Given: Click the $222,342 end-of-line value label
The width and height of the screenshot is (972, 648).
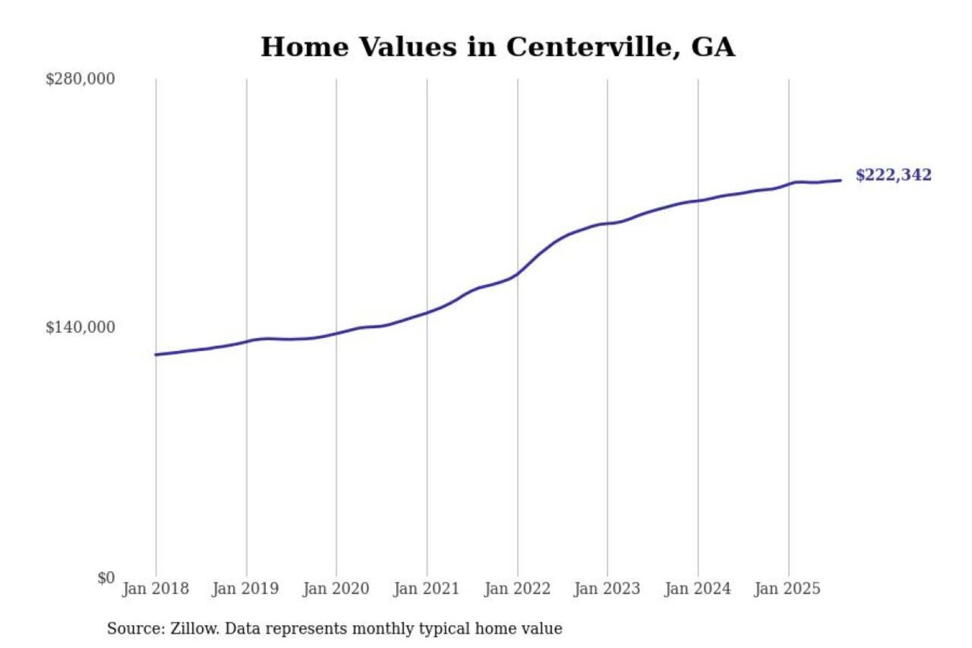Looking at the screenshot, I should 893,175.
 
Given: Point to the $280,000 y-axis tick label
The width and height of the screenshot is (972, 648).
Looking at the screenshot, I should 80,79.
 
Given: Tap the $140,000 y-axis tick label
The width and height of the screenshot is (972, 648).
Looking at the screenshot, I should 80,327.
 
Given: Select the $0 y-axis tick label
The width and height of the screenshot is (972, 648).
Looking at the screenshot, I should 106,578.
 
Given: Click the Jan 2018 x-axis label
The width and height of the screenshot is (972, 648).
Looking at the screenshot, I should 155,589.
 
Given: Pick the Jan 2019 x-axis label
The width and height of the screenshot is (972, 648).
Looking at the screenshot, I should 245,589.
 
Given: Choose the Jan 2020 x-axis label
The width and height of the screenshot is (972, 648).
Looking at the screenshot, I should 335,589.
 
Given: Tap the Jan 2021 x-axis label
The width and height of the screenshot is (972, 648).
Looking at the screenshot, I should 426,589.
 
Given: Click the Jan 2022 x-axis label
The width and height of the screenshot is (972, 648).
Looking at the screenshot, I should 517,589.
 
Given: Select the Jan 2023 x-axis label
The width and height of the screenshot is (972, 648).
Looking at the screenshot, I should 607,589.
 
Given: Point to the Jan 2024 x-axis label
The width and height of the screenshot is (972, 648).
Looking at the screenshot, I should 697,589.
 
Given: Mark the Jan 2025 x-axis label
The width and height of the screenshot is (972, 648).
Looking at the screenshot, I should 787,589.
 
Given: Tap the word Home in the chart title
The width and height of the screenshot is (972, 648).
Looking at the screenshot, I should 304,47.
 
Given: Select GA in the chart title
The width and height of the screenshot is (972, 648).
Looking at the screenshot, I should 713,47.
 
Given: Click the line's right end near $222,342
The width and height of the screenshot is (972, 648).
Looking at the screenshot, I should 840,180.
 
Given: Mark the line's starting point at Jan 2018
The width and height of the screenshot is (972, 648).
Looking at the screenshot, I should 156,354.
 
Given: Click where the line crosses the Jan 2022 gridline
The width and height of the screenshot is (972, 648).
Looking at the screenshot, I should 518,273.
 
